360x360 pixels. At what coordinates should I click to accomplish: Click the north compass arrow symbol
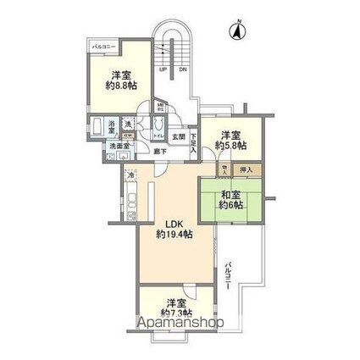[237, 32]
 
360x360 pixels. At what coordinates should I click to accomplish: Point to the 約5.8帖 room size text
[230, 147]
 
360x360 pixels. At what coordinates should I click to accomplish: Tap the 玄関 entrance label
[179, 136]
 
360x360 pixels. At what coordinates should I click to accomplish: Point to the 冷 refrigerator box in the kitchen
[131, 174]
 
